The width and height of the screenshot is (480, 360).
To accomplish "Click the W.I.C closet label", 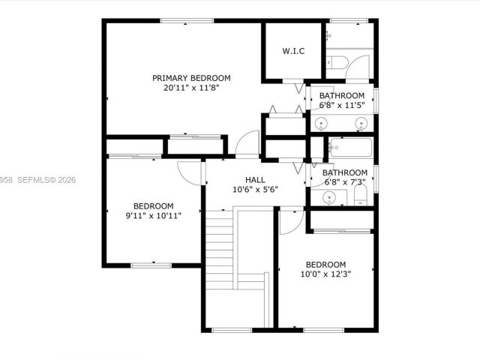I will coord(293,51).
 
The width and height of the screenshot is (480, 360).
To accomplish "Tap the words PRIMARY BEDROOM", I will coord(191,78).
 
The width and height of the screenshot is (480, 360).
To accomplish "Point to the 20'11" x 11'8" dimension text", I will coord(191,88).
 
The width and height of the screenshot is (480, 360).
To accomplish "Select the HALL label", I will coord(255,180).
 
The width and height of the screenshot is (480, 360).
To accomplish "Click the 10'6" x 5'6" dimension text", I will coord(255,190).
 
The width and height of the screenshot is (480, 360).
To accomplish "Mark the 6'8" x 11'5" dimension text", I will coord(342,105).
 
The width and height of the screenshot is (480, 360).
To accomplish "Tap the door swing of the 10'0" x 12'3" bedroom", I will coord(288,219).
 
